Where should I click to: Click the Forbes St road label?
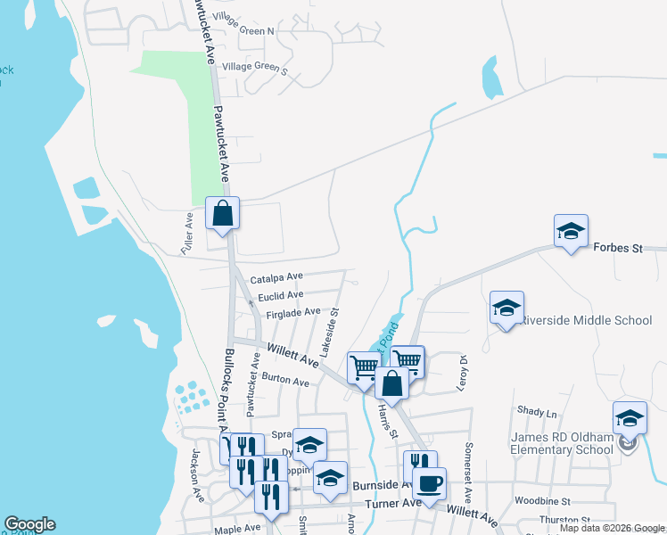pos(617,248)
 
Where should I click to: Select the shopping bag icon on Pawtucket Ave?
pos(222,214)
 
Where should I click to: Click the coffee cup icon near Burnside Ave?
pos(430,483)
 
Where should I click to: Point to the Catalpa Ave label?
pos(276,278)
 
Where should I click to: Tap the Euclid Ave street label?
pos(280,295)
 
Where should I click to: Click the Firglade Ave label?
pos(286,312)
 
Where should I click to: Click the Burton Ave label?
pos(286,381)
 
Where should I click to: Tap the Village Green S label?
pos(255,67)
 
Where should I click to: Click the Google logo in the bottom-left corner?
pos(29,524)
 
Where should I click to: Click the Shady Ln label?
pos(537,413)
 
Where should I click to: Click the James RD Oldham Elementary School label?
pos(561,443)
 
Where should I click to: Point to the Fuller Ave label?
pos(188,231)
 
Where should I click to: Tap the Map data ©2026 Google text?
pos(611,528)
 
